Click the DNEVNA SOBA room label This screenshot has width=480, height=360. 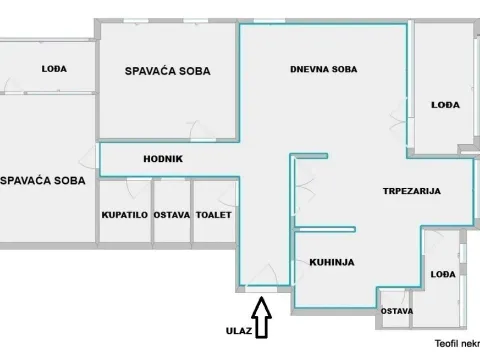point(323,69)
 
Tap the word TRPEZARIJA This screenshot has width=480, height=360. point(411,190)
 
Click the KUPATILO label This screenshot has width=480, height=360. point(125,214)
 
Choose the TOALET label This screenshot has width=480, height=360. point(214,214)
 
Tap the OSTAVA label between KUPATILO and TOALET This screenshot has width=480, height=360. point(171,214)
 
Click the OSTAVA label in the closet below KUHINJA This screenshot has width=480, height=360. point(395,311)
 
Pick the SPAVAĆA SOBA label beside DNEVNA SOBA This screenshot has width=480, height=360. point(166,70)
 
